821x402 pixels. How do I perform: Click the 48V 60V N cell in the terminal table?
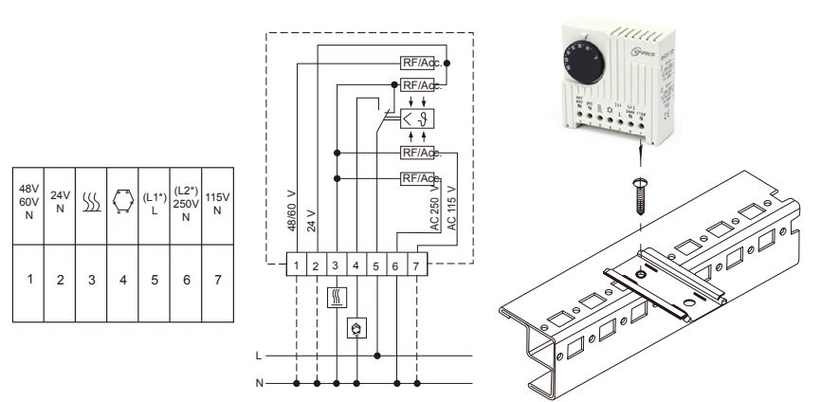point(28,204)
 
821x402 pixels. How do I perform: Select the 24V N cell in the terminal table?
point(60,204)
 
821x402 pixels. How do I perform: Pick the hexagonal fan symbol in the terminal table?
point(121,204)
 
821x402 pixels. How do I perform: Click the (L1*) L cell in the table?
point(153,204)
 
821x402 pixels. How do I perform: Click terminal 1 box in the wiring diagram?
point(297,265)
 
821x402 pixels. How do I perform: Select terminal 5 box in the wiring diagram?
point(376,265)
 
